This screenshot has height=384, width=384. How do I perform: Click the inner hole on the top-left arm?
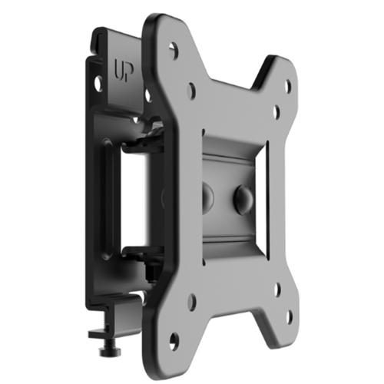[x=190, y=90]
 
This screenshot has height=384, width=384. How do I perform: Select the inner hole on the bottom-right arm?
[x=276, y=290]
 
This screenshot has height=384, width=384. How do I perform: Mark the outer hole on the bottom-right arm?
[x=288, y=314]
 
